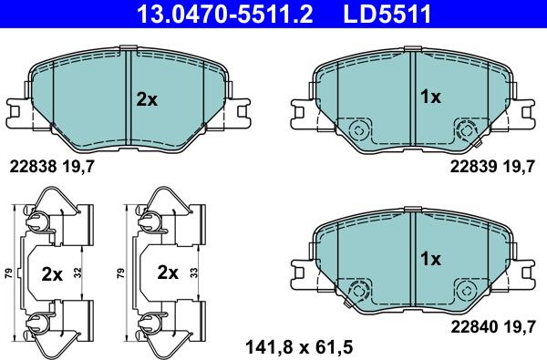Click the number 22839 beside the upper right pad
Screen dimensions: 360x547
tap(471, 167)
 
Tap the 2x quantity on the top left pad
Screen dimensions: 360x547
tap(146, 99)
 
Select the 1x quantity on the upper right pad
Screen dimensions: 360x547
tap(429, 96)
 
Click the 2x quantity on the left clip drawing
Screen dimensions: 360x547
tap(54, 272)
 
